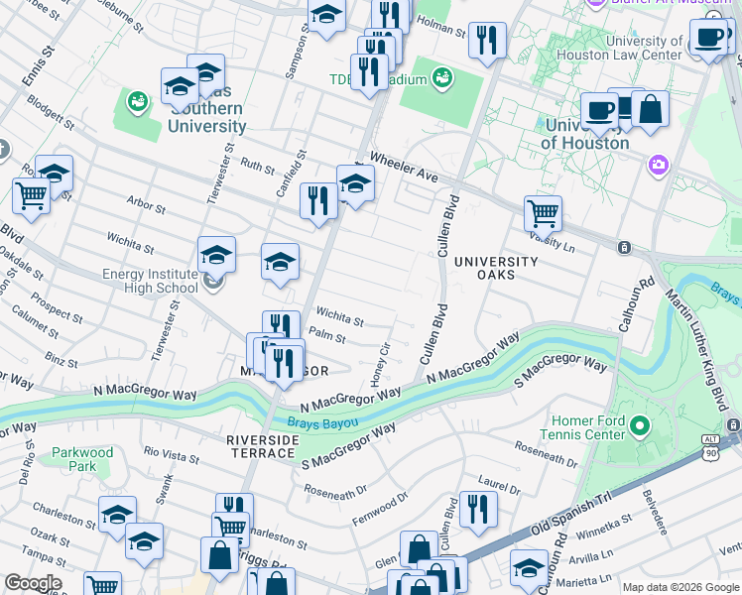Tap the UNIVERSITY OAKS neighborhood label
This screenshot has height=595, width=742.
[495, 268]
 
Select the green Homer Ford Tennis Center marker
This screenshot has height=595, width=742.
[640, 427]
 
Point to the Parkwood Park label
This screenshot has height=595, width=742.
[82, 459]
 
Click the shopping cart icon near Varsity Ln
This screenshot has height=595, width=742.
[543, 211]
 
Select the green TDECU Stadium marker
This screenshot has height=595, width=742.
[442, 76]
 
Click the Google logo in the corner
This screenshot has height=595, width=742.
[33, 583]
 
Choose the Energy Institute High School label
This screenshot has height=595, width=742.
[151, 282]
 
